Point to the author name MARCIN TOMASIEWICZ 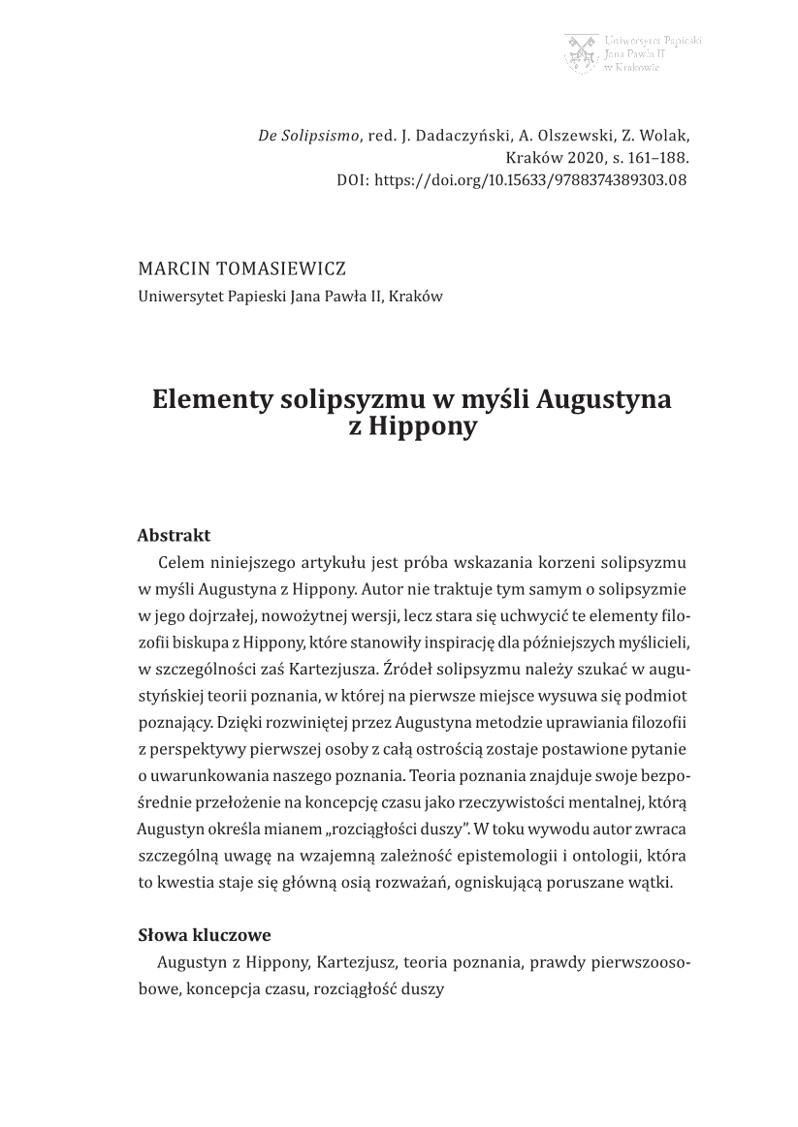tap(241, 269)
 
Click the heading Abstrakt tap(175, 536)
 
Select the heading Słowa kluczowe tap(204, 935)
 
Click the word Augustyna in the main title tap(603, 399)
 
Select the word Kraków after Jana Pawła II tap(417, 297)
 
